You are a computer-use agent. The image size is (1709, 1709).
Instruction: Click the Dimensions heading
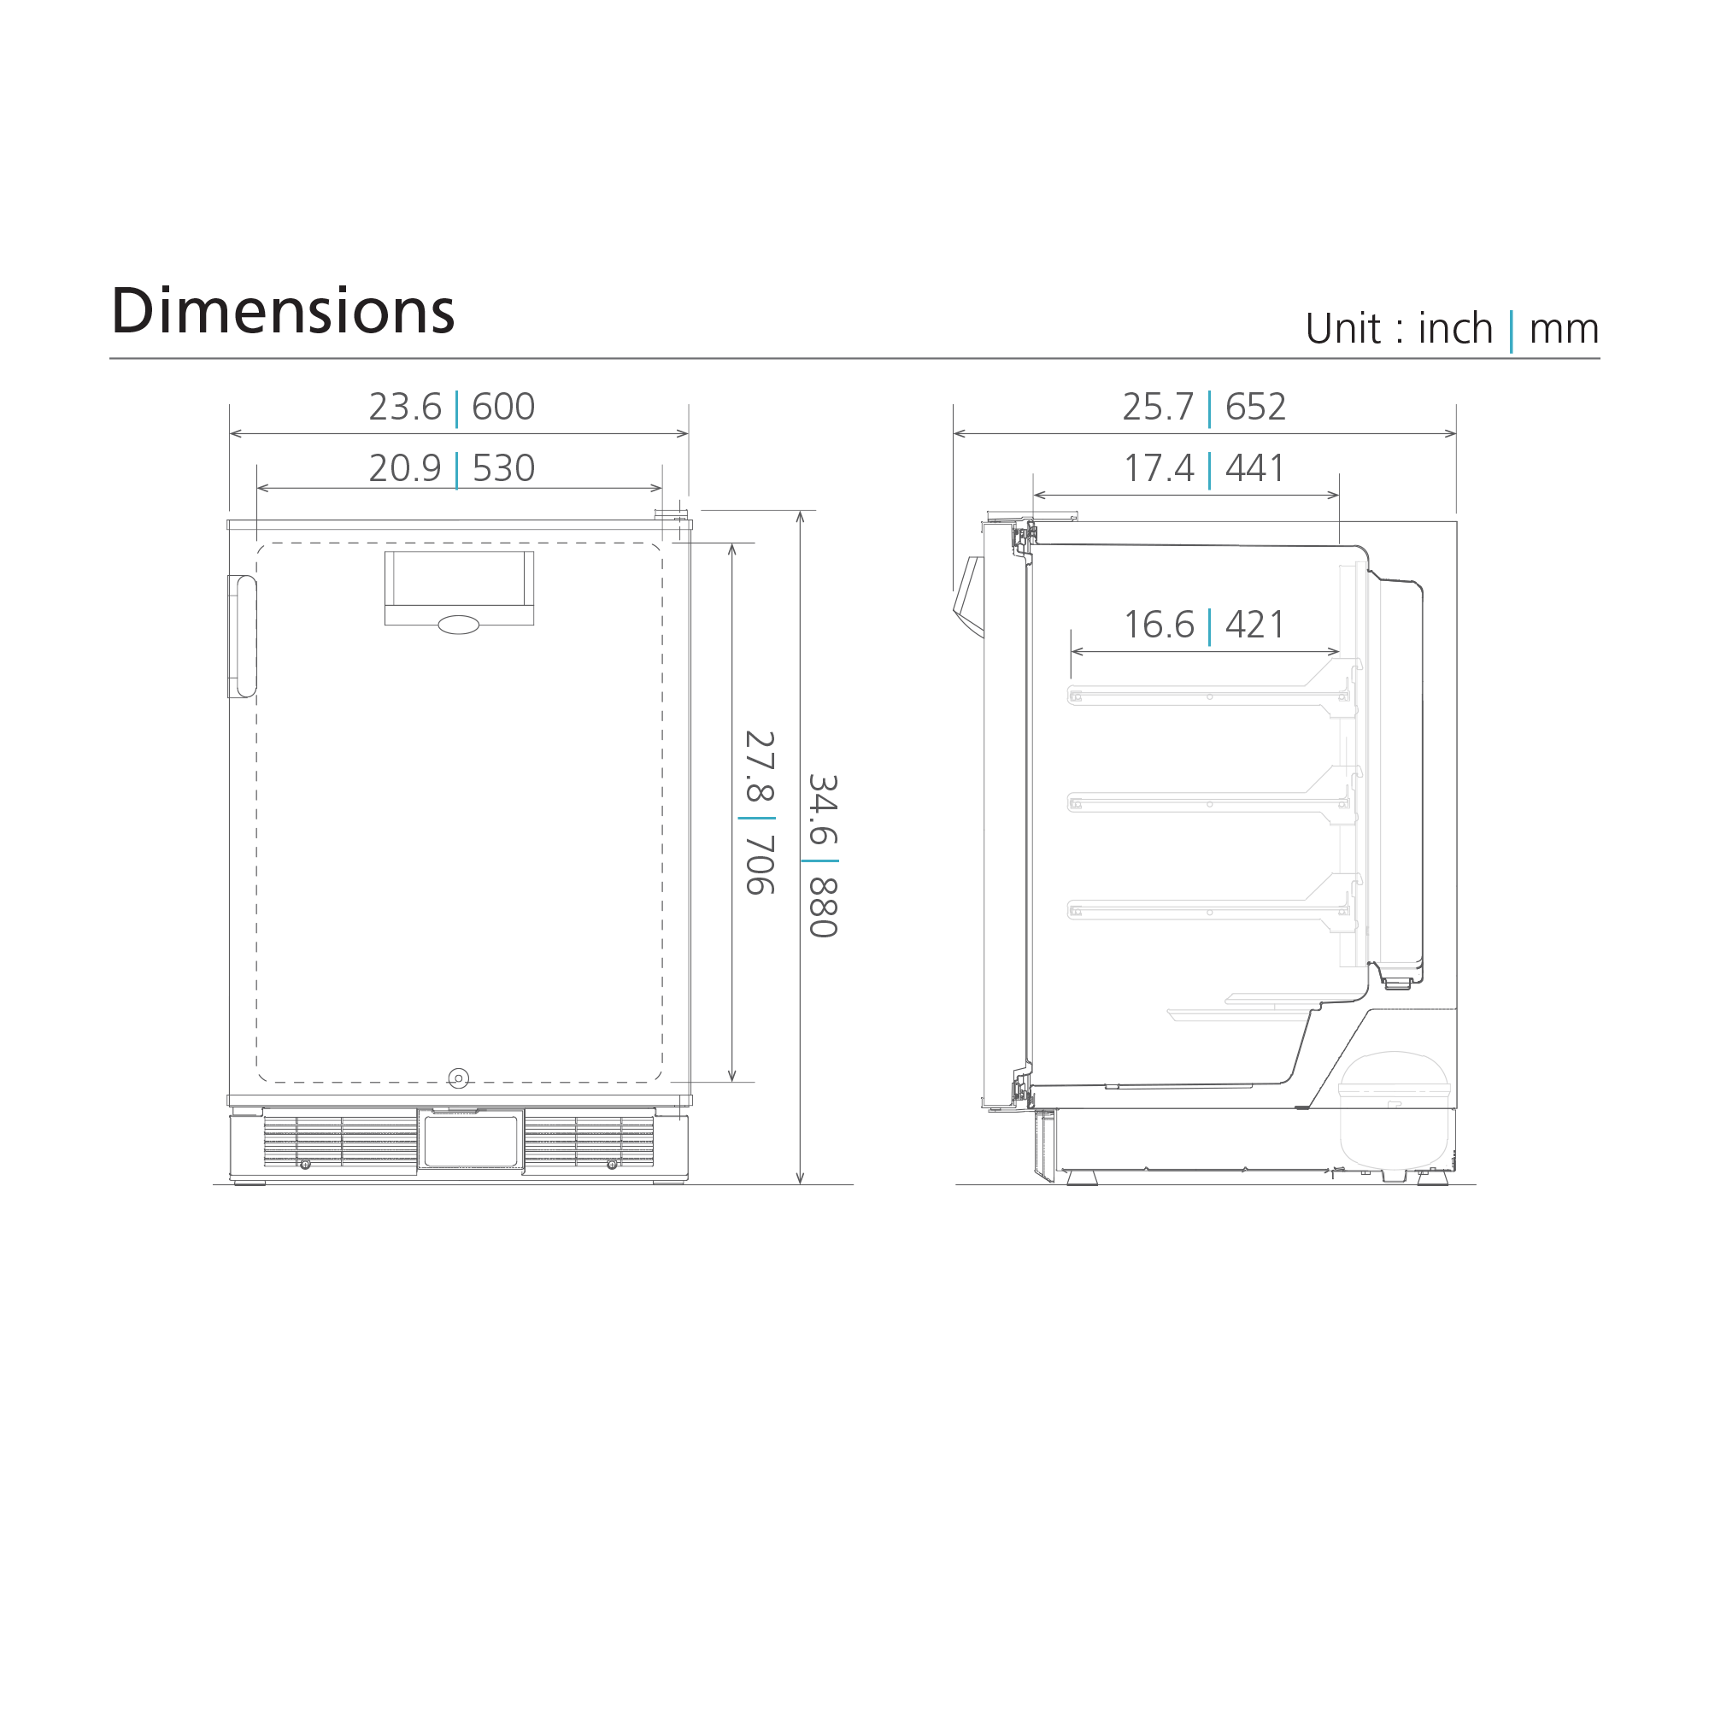[282, 311]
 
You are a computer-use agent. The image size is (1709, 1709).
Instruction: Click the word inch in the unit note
[1455, 329]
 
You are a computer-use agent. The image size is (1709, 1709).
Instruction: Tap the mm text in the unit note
[1564, 329]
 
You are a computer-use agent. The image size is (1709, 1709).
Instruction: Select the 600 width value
[503, 407]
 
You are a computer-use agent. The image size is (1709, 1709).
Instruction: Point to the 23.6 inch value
[405, 407]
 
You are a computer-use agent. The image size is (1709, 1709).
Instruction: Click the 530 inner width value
[503, 468]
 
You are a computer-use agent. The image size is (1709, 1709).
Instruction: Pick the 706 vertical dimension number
[759, 865]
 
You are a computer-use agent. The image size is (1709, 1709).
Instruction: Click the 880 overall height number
[823, 907]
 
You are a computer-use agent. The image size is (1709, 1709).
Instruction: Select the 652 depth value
[1255, 407]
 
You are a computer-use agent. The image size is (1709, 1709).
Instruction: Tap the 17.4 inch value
[1159, 468]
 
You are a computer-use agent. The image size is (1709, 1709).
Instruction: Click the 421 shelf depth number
[1254, 625]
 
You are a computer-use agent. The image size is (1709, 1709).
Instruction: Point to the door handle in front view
[243, 636]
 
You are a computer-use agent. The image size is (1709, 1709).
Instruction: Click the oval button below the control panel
[458, 625]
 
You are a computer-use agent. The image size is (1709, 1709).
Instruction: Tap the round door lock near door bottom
[458, 1078]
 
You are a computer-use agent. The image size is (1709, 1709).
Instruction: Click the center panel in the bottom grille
[471, 1141]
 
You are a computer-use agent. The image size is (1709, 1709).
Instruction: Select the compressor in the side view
[1395, 1110]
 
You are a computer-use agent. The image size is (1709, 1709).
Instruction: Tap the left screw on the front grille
[305, 1164]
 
